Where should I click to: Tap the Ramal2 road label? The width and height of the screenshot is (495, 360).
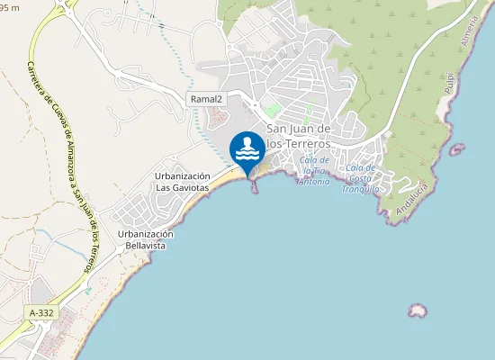(x=205, y=98)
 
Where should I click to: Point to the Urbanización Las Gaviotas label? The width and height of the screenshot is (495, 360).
(x=182, y=182)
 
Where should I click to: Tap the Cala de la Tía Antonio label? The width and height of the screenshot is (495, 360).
(x=313, y=170)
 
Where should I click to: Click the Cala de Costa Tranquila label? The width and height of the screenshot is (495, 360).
(x=361, y=178)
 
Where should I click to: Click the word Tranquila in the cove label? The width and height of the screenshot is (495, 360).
(x=361, y=189)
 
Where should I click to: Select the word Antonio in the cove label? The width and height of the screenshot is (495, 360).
(x=313, y=181)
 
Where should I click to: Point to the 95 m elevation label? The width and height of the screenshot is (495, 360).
(x=9, y=7)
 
